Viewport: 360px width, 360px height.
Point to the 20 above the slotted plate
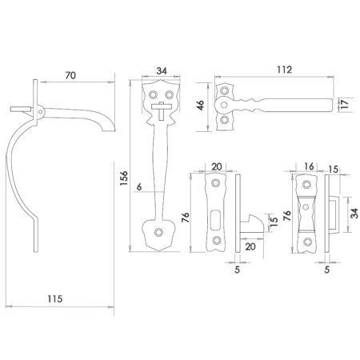[215, 166]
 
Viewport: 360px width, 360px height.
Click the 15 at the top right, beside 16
[331, 166]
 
